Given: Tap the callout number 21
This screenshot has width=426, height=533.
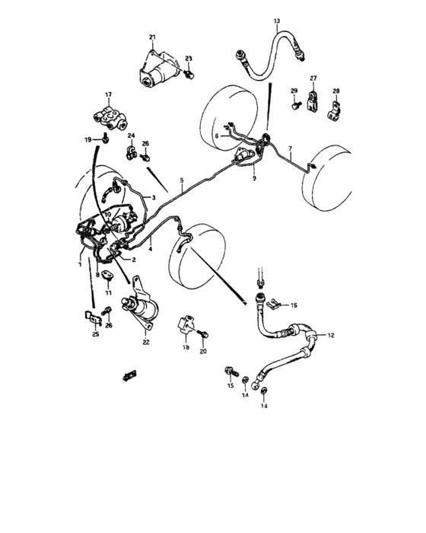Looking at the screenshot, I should click(152, 37).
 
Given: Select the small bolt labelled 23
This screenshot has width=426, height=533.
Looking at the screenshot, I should click(190, 74).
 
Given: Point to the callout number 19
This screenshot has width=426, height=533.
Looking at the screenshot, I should click(88, 139).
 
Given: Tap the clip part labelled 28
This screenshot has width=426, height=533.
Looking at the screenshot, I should click(334, 107).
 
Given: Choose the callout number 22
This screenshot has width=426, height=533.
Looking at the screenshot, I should click(146, 342).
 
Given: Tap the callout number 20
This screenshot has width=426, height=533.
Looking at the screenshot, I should click(203, 351).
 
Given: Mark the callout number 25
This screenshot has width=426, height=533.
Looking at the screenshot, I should click(95, 334).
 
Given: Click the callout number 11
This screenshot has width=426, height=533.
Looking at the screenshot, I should click(108, 292).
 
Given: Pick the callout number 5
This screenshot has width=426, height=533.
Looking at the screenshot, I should click(182, 181).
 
